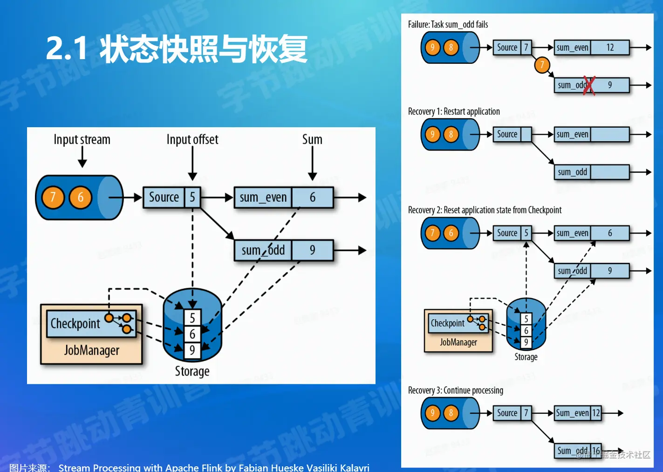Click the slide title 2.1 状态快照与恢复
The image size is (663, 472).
point(177,48)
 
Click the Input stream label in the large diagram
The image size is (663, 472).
point(82,139)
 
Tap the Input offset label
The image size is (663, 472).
point(192,139)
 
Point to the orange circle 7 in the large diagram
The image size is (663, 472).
point(53,198)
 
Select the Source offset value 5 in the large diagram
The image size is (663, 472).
point(192,198)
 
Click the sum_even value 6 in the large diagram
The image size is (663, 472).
point(313,198)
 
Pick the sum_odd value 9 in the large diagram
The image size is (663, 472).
point(313,250)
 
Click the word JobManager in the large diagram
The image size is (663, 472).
point(92,350)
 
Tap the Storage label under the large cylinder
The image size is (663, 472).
point(192,371)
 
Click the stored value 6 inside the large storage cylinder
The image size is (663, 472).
point(192,334)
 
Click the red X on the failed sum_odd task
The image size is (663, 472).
point(589,85)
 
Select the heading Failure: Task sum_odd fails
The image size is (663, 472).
point(448,25)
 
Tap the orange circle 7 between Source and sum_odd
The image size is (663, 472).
point(542,65)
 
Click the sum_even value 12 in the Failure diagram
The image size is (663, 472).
point(610,48)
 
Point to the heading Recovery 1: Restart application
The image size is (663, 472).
point(454,112)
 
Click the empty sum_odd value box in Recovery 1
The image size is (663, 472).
point(610,172)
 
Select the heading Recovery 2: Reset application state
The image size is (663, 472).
point(485,210)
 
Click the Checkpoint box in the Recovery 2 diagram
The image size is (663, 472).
point(448,323)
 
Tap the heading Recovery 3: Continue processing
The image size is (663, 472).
point(455,390)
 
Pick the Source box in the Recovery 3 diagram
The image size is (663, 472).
point(507,413)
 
